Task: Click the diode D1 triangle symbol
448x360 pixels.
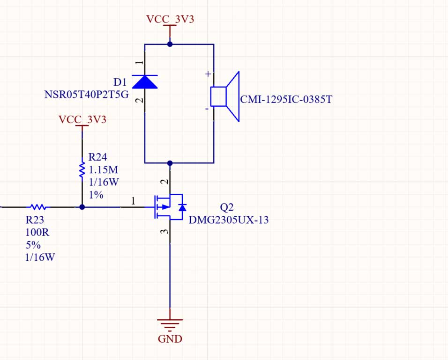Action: (144, 82)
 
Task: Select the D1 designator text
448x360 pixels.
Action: (120, 82)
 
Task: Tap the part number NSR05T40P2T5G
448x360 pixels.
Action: (86, 95)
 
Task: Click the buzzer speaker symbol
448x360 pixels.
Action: (225, 96)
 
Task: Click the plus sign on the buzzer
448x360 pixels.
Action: (208, 74)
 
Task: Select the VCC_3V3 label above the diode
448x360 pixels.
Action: (170, 20)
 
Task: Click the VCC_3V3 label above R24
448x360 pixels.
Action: (82, 119)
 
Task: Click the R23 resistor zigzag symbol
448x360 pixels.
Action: (38, 206)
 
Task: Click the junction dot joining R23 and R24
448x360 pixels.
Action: (82, 206)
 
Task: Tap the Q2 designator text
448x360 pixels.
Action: (226, 207)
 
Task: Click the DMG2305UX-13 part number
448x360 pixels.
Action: (229, 220)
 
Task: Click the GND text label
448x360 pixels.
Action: (170, 339)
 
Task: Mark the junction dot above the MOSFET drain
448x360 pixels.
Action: (170, 163)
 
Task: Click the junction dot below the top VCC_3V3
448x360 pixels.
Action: (170, 44)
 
